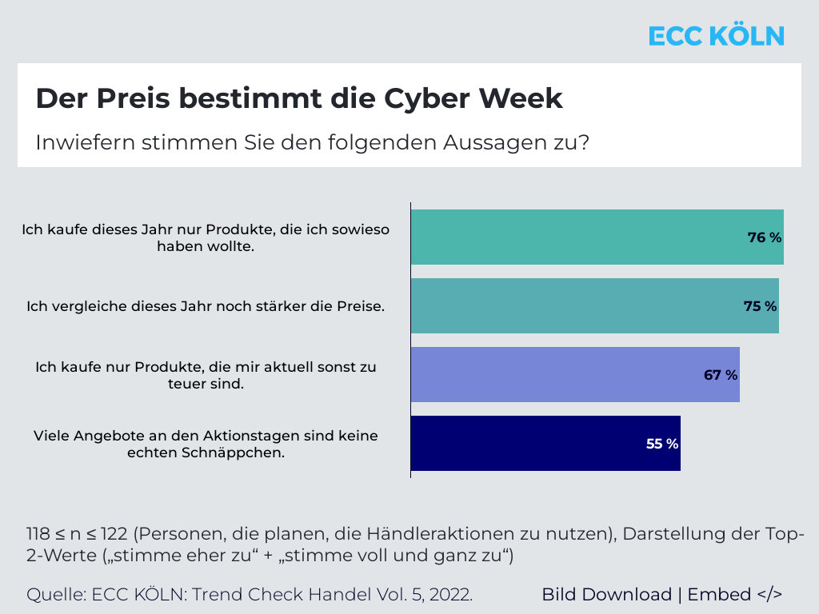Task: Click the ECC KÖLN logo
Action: (716, 36)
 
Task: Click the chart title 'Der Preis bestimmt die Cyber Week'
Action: (299, 98)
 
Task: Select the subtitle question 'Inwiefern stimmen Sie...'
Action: (313, 143)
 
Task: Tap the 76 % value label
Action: (764, 237)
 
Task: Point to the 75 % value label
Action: (760, 306)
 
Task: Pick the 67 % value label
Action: (721, 375)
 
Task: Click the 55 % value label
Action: (662, 444)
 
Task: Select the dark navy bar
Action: (544, 444)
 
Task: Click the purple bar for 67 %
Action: (560, 375)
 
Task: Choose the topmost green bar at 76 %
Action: (576, 237)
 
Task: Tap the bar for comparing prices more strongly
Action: (576, 306)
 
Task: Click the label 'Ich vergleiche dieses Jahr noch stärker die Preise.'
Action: (206, 306)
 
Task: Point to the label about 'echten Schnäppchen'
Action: (206, 444)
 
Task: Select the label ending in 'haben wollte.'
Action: (206, 238)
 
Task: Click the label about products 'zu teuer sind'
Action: (206, 375)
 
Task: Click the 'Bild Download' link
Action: (606, 595)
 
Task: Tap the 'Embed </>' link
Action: (734, 595)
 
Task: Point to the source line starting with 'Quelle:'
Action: (250, 595)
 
